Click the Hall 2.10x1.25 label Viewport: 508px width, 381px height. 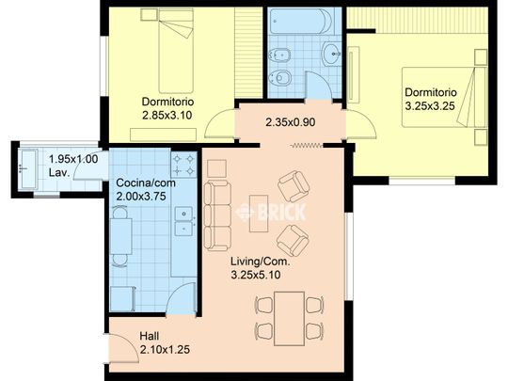(x=165, y=342)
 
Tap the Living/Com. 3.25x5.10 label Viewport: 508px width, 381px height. (x=261, y=268)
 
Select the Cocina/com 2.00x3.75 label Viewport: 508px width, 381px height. (x=146, y=189)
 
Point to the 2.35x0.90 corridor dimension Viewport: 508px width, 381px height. (x=291, y=122)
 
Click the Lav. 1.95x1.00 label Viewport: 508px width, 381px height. (x=73, y=166)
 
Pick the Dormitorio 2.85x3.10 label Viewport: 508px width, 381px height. (x=167, y=108)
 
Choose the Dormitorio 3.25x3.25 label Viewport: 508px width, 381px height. (x=431, y=99)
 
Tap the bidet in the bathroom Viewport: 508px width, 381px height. (x=279, y=56)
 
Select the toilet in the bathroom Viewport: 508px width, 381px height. (x=279, y=78)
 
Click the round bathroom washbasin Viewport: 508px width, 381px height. (x=332, y=54)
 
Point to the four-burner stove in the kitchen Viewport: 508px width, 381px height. (x=183, y=165)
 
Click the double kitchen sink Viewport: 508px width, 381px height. (x=184, y=221)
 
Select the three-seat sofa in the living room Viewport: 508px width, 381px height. (x=217, y=216)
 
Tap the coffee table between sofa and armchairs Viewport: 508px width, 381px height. (x=259, y=214)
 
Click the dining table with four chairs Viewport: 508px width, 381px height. (x=290, y=319)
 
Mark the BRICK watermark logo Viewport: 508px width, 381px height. (x=271, y=213)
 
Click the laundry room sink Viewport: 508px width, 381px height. (x=27, y=168)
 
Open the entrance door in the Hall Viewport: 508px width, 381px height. (x=123, y=348)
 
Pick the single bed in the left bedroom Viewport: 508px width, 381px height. (x=176, y=51)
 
